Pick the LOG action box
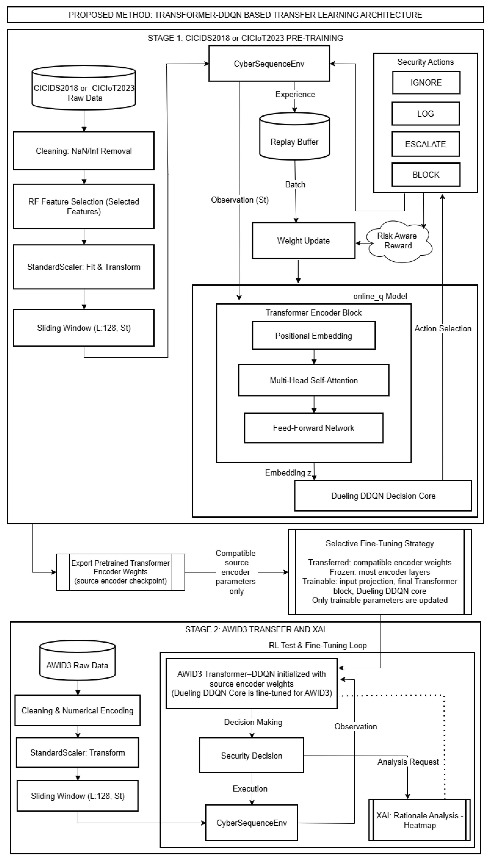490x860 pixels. pyautogui.click(x=425, y=114)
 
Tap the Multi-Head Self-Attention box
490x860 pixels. pyautogui.click(x=314, y=380)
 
